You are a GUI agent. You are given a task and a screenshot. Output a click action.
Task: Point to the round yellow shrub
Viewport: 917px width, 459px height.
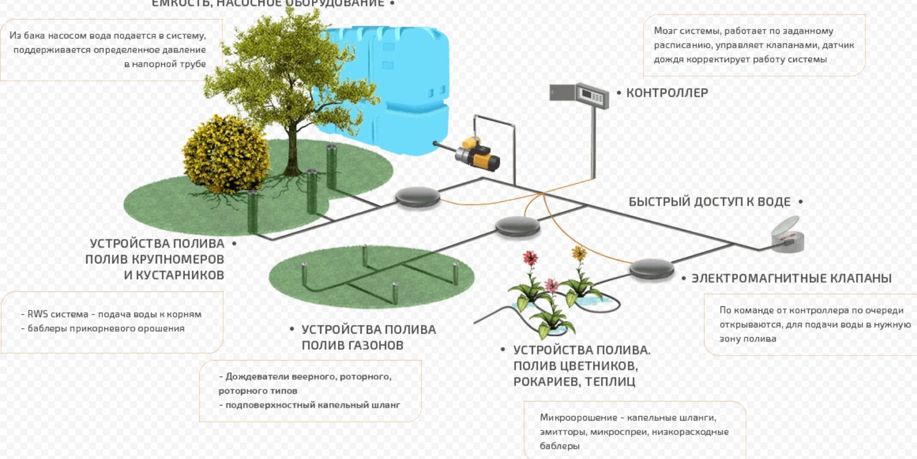pos(226,153)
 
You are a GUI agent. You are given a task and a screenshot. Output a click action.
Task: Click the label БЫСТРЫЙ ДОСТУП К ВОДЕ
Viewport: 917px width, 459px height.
pos(709,202)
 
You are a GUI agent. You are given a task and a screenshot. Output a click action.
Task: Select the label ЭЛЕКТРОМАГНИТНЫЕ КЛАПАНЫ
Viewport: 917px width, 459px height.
pos(791,279)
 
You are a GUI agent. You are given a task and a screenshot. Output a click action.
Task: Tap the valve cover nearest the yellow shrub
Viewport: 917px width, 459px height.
pos(418,196)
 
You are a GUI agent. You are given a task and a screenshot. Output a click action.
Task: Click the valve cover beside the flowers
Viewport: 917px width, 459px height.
pos(652,268)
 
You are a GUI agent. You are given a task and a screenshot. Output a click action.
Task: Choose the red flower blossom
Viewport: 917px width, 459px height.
pos(531,258)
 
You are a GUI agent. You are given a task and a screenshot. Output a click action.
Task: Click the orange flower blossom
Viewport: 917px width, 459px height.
pos(579,252)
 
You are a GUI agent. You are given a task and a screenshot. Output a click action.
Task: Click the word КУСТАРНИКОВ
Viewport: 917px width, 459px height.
pos(174,275)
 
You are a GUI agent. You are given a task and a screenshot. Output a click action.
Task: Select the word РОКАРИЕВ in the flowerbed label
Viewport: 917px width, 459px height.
pos(543,382)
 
